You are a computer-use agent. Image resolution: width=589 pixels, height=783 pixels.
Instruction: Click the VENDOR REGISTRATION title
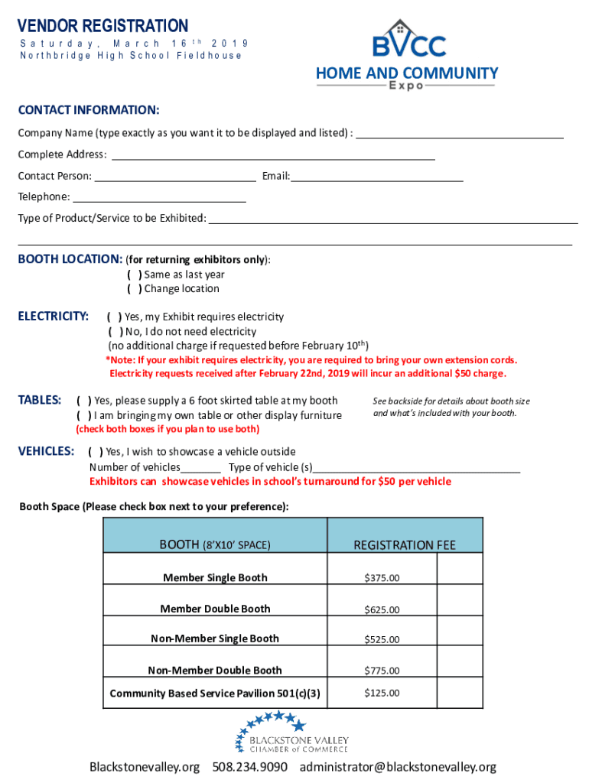[x=103, y=26]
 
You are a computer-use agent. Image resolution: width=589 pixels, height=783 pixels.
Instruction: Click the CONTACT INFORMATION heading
[x=89, y=110]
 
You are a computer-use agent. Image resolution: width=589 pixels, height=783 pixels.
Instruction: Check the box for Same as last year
[x=134, y=275]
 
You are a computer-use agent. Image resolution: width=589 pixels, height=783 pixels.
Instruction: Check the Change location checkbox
[x=134, y=289]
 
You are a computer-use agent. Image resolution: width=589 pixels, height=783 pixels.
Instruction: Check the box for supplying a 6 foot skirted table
[x=84, y=400]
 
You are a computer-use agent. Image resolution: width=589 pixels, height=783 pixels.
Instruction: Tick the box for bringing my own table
[x=84, y=415]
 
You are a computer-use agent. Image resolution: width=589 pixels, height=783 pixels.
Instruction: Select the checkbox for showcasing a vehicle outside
[x=96, y=452]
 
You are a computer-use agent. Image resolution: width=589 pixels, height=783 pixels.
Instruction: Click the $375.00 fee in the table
[x=381, y=578]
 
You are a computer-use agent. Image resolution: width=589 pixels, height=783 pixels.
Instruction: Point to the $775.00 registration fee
[x=381, y=671]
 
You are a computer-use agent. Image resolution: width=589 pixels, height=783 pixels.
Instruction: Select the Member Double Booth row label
[x=215, y=609]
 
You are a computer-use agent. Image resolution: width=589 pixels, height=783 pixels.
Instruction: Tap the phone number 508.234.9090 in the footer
[x=250, y=766]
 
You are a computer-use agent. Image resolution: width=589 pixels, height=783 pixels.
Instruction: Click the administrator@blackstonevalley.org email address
[x=398, y=766]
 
